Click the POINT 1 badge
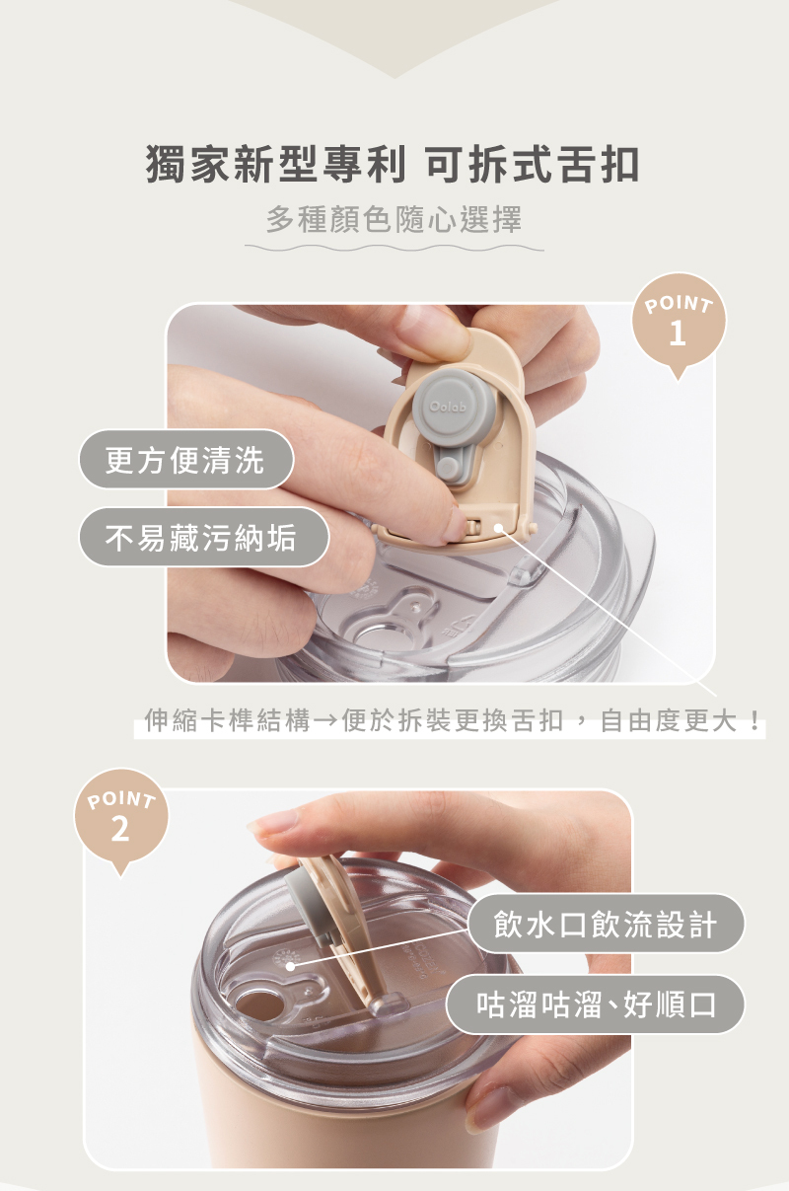click(x=678, y=322)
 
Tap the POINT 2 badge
click(x=120, y=817)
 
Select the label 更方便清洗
click(x=186, y=460)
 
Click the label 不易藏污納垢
click(x=204, y=537)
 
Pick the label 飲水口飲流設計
click(x=606, y=924)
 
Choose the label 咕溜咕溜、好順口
click(x=595, y=1005)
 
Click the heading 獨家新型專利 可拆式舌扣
click(x=394, y=165)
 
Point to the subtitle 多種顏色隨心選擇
click(x=394, y=220)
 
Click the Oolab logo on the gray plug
click(x=448, y=407)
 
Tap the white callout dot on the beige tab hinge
click(x=498, y=528)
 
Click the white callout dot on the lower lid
click(x=291, y=966)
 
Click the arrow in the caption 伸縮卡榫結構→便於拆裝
click(x=325, y=721)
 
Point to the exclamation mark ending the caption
click(x=755, y=721)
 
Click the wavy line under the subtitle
click(x=394, y=248)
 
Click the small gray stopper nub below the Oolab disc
click(x=449, y=468)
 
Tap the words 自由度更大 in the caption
click(x=669, y=721)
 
